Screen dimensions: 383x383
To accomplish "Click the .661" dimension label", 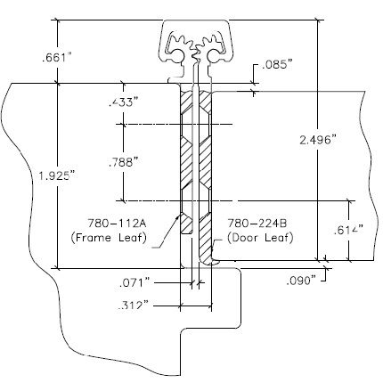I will [54, 58].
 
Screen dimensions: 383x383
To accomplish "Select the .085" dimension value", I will [274, 65].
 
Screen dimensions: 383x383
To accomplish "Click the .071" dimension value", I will [135, 282].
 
